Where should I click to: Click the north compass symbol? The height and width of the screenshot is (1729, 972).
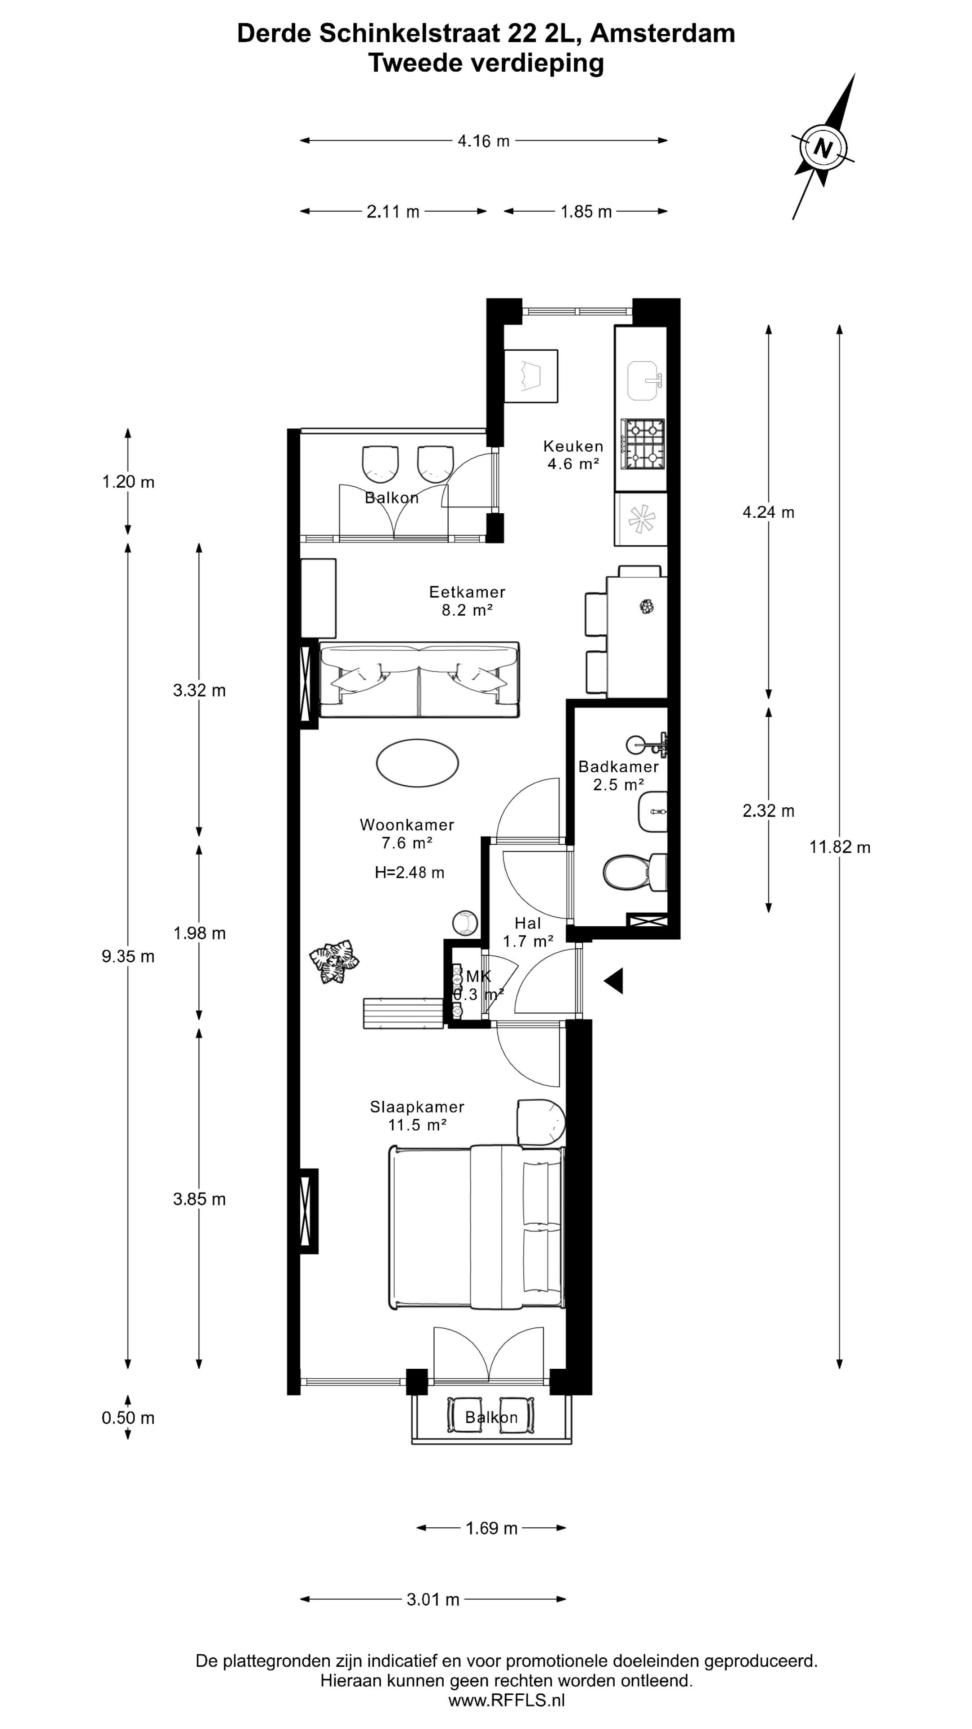point(823,146)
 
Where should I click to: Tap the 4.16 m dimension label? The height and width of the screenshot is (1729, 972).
point(484,141)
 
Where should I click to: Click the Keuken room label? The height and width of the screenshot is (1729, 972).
point(573,446)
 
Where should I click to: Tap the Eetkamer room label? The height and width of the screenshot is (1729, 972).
point(467,592)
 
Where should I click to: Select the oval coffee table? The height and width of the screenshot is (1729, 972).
point(417,762)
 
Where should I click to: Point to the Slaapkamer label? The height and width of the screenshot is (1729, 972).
point(417,1107)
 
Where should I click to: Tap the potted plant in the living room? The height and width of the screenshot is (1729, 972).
point(334,962)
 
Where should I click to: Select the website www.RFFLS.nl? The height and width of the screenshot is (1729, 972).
point(506,1700)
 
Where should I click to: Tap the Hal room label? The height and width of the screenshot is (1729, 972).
point(528,923)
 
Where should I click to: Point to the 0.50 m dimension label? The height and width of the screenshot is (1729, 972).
point(128,1417)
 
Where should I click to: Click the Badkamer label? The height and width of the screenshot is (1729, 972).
point(618,766)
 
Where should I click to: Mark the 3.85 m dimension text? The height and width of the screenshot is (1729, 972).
point(199,1199)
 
